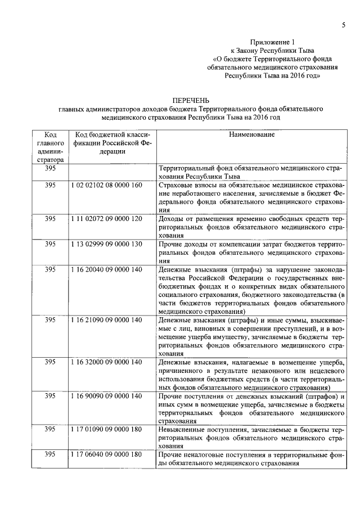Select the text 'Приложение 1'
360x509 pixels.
click(x=272, y=42)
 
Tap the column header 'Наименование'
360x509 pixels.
click(x=251, y=135)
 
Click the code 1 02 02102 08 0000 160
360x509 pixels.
click(x=106, y=184)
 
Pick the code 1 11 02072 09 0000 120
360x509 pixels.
click(x=106, y=218)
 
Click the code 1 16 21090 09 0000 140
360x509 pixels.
click(x=106, y=319)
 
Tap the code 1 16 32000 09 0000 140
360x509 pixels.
click(x=106, y=361)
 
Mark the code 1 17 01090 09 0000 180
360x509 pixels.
click(x=106, y=429)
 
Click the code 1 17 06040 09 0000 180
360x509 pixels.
click(x=106, y=454)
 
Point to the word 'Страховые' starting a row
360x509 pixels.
click(x=177, y=184)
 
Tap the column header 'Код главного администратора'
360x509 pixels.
click(x=49, y=147)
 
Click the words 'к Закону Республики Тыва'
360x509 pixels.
click(x=272, y=50)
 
